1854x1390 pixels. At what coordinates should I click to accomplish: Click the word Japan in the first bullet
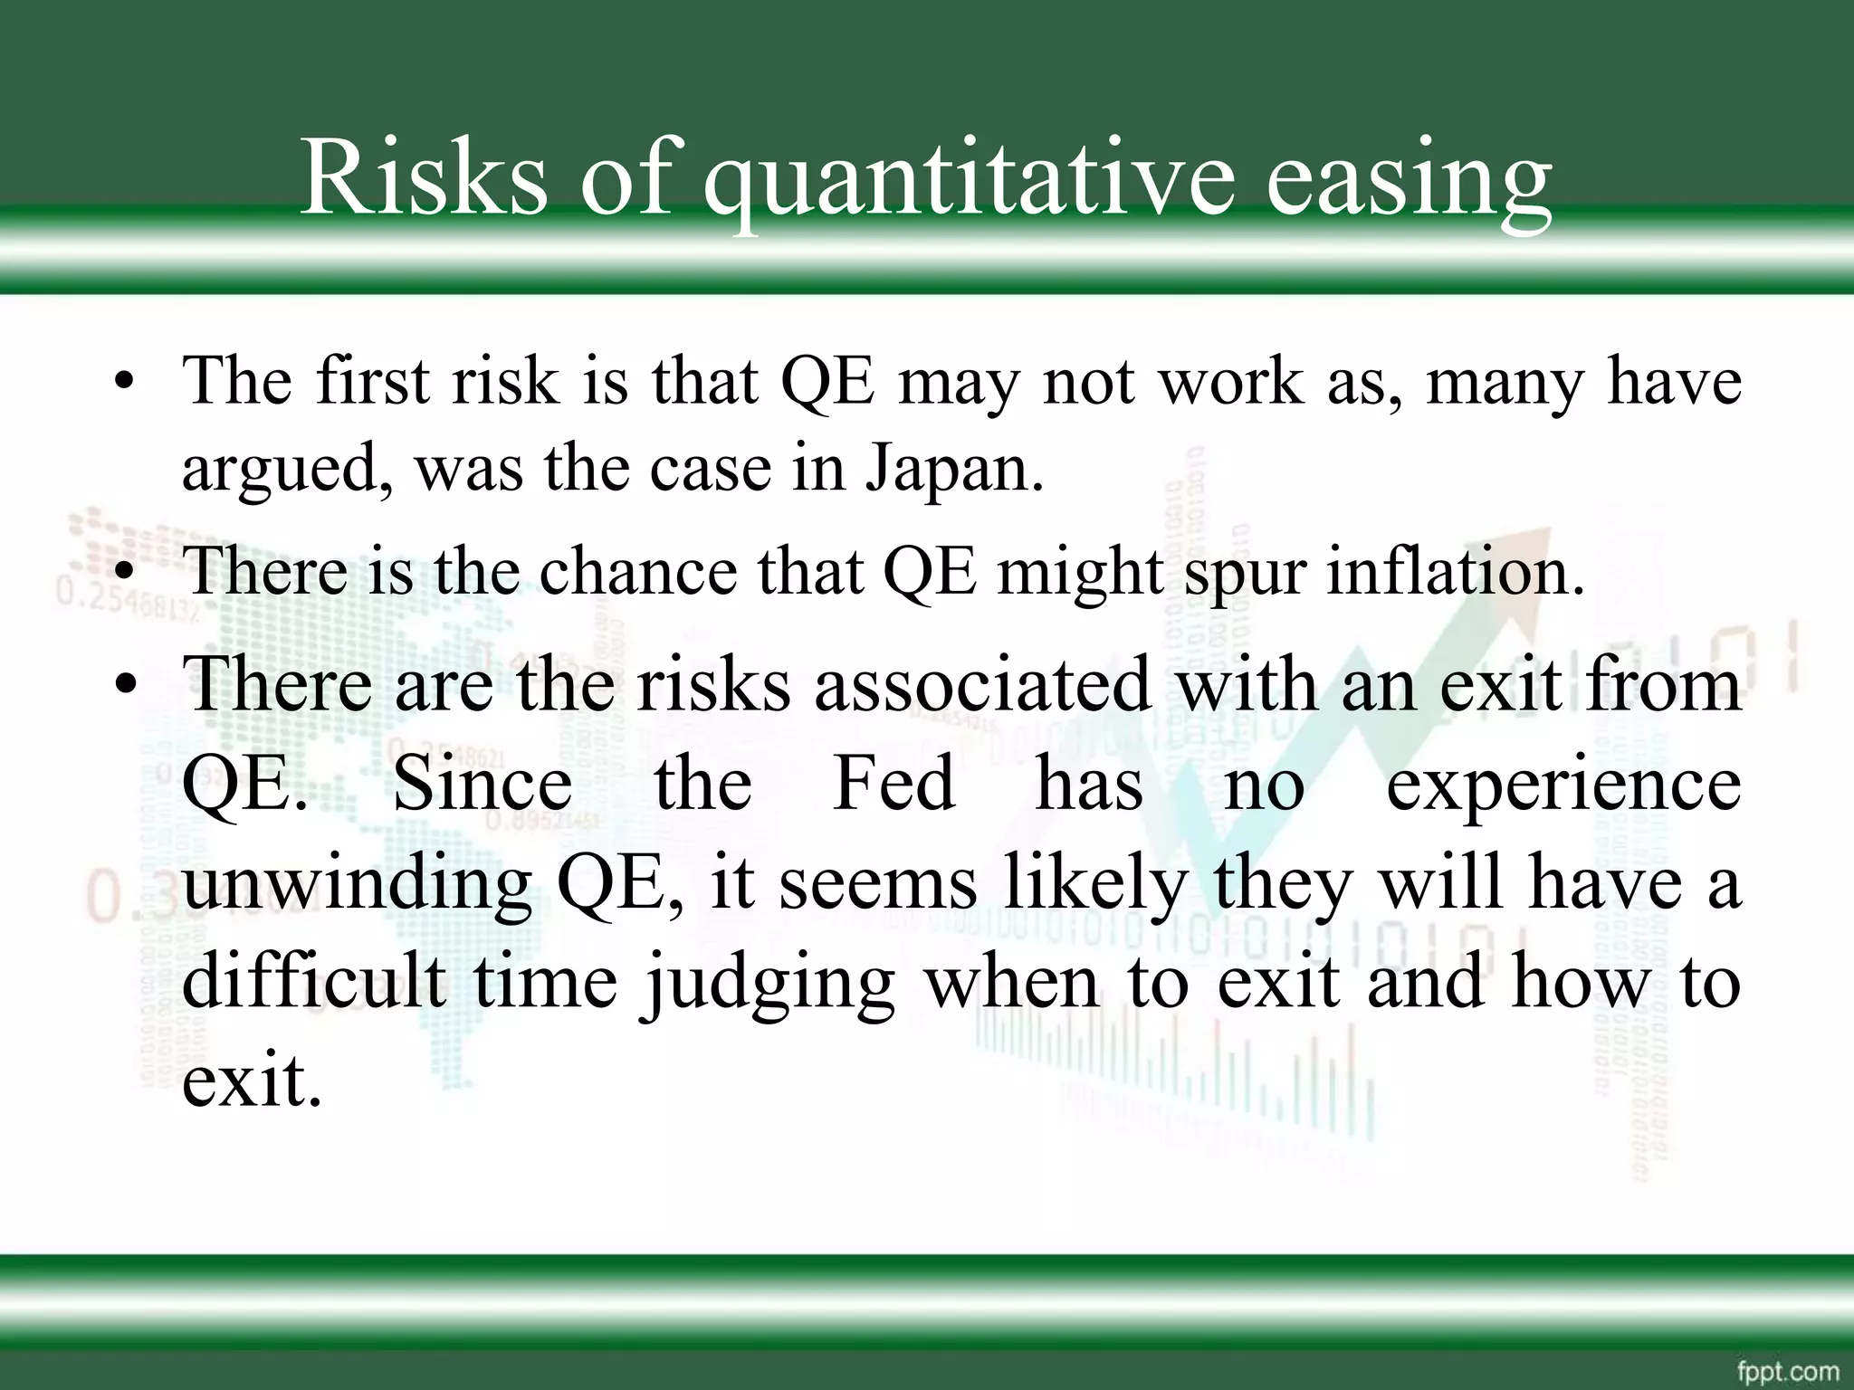click(x=955, y=470)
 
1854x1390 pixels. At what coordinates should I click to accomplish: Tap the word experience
click(x=1563, y=785)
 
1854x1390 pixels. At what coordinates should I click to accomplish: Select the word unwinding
click(x=357, y=884)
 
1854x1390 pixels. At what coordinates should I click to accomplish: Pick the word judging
click(x=769, y=985)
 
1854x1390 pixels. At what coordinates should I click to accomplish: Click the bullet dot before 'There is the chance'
click(x=124, y=574)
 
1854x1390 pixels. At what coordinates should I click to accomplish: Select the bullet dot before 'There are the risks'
click(x=125, y=686)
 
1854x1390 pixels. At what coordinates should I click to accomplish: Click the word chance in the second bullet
click(x=638, y=571)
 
